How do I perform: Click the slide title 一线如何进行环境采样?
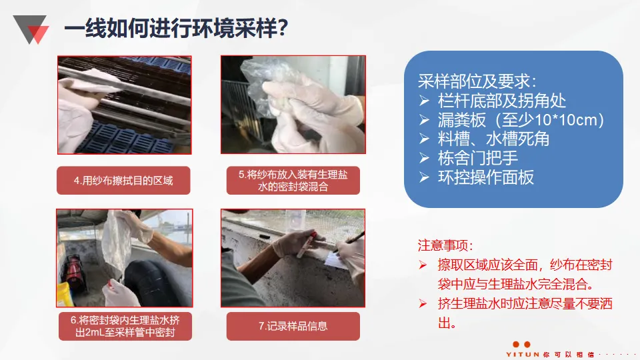(x=176, y=29)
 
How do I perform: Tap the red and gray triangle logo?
(x=31, y=29)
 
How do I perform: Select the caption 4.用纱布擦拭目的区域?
(x=123, y=181)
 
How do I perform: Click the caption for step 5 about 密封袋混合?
(x=293, y=181)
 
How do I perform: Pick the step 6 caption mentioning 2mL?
(x=125, y=326)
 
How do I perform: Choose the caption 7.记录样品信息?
(x=293, y=326)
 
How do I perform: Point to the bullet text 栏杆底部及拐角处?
(x=502, y=101)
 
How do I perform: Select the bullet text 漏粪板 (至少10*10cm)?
(x=521, y=120)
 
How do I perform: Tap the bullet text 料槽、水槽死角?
(x=493, y=139)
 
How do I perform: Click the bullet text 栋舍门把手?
(x=478, y=158)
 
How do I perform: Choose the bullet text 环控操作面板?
(x=486, y=177)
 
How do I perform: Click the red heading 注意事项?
(x=445, y=245)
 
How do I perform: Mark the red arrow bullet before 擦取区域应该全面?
(x=423, y=265)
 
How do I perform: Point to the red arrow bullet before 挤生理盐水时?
(x=423, y=304)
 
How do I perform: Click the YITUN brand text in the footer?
(x=523, y=354)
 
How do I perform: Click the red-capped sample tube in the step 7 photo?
(x=307, y=245)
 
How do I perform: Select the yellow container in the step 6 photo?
(x=65, y=294)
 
